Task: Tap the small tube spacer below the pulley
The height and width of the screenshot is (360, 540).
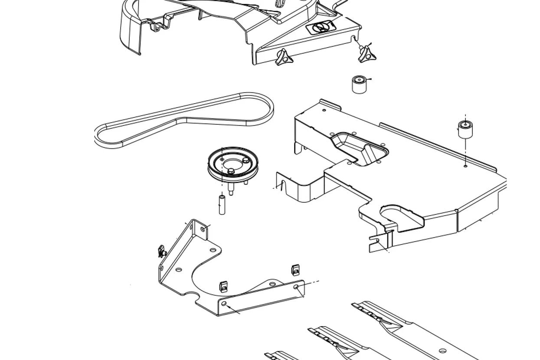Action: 222,205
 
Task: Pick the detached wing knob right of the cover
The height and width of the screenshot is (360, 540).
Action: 367,52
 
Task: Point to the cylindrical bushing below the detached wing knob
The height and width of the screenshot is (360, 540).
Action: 359,84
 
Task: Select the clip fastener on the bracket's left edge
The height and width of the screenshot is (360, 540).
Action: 162,251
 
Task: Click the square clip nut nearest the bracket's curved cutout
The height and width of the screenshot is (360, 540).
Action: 223,286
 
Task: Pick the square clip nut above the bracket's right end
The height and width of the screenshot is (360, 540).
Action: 296,270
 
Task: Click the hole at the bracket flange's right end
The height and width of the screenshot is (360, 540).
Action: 296,287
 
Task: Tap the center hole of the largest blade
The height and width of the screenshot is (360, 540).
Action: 442,351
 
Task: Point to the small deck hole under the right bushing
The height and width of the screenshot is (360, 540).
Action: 465,166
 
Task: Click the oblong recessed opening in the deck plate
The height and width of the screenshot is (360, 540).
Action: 359,148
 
